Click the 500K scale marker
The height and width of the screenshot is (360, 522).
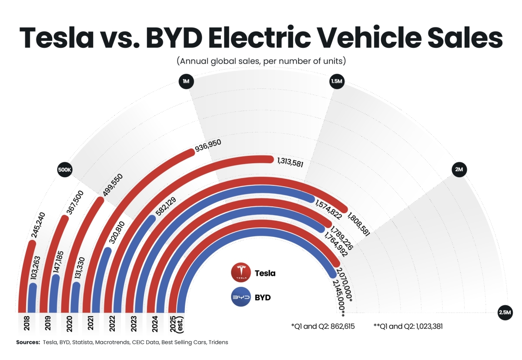(64, 170)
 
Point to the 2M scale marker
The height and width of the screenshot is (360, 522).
(458, 170)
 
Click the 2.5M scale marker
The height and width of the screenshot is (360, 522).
(505, 313)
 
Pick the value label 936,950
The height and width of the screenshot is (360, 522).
(208, 147)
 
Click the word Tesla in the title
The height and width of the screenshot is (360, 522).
(57, 38)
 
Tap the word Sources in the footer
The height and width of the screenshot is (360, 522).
(28, 342)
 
